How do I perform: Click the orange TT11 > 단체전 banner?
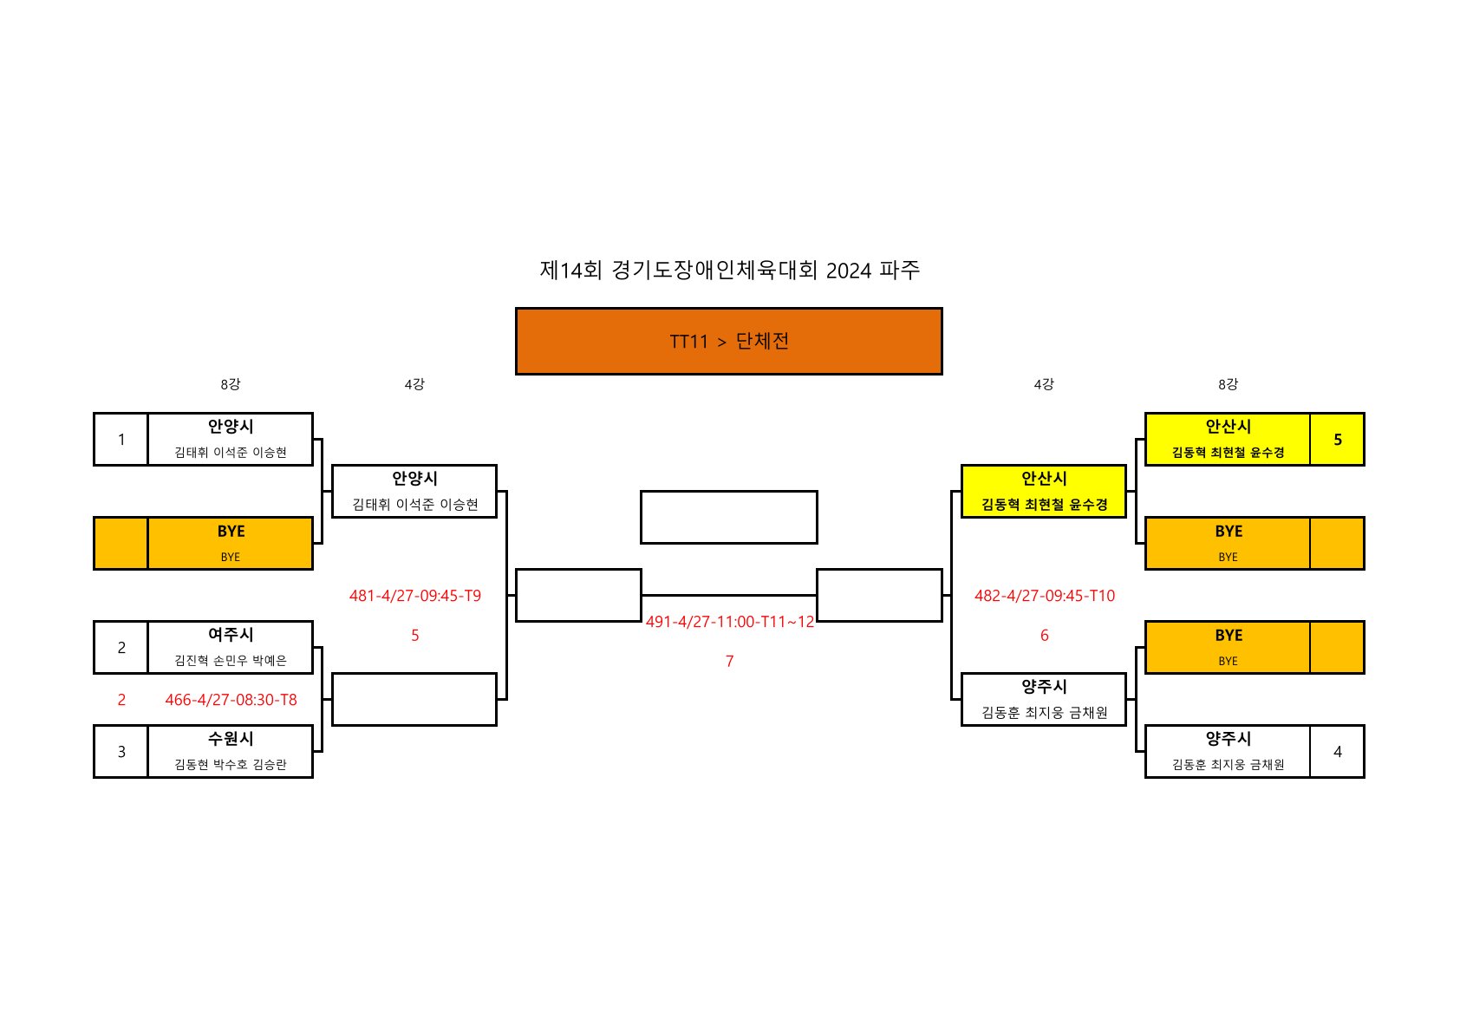(728, 341)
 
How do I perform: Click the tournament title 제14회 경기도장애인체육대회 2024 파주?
(729, 271)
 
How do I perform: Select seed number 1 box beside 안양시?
(121, 440)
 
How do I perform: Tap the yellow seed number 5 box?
(1337, 440)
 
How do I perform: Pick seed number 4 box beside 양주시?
(1337, 752)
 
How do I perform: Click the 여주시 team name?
(231, 635)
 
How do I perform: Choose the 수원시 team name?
(231, 739)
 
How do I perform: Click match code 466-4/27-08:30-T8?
(231, 700)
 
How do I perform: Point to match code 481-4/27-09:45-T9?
(414, 596)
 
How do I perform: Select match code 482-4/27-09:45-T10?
(1044, 596)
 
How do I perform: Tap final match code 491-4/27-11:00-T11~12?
(729, 622)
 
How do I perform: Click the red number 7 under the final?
(729, 661)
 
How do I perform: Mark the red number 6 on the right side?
(1044, 636)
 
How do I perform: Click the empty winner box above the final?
(728, 518)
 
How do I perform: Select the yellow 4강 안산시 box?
(1044, 492)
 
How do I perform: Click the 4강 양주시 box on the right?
(1044, 699)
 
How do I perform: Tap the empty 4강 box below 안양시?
(414, 699)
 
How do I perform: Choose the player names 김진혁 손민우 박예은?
(231, 661)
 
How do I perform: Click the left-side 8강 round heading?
(231, 384)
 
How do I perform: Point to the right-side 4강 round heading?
(1044, 384)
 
